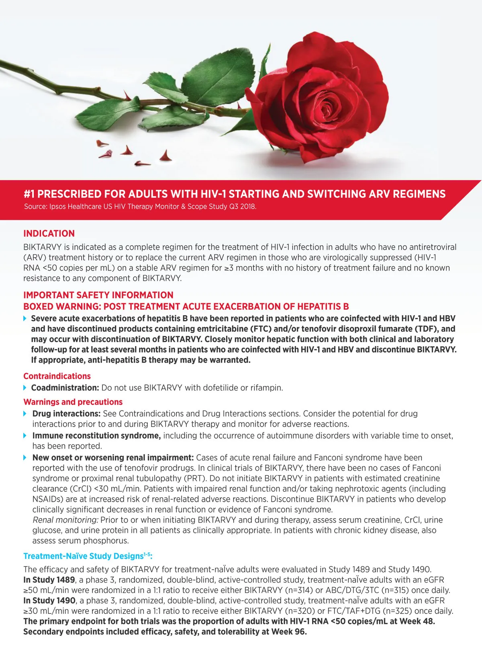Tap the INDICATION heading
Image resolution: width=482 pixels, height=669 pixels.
pyautogui.click(x=49, y=234)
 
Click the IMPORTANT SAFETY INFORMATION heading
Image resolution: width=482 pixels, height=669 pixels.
pyautogui.click(x=98, y=295)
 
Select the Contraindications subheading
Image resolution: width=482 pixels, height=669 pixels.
pyautogui.click(x=57, y=376)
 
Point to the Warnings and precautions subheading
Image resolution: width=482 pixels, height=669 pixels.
pyautogui.click(x=73, y=402)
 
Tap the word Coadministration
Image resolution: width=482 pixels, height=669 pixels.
pyautogui.click(x=65, y=388)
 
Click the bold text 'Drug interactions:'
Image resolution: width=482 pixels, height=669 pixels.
pyautogui.click(x=66, y=414)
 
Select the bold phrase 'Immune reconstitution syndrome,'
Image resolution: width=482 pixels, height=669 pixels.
pyautogui.click(x=96, y=436)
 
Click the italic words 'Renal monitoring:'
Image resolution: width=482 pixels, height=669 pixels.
pyautogui.click(x=65, y=520)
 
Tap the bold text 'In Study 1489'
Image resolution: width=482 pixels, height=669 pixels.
pyautogui.click(x=49, y=580)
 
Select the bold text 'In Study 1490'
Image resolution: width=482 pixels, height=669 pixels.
pyautogui.click(x=49, y=601)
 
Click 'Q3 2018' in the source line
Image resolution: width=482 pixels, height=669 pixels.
pyautogui.click(x=242, y=207)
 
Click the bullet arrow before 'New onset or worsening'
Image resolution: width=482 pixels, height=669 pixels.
pyautogui.click(x=25, y=458)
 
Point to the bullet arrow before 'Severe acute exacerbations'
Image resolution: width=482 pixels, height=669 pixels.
pyautogui.click(x=25, y=318)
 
